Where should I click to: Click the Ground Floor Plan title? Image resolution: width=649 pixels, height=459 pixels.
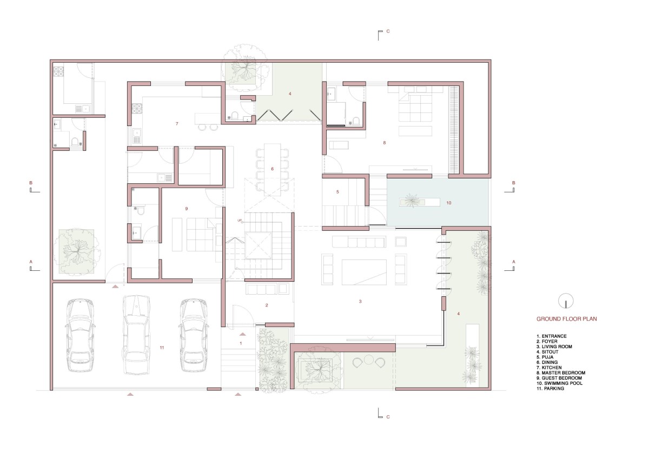(x=566, y=319)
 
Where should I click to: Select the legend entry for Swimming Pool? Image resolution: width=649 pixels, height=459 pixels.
(x=558, y=383)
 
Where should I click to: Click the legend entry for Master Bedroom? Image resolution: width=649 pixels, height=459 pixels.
(x=561, y=372)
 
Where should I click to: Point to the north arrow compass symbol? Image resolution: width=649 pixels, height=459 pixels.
(x=566, y=301)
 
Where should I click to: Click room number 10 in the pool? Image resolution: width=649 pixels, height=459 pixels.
(x=448, y=203)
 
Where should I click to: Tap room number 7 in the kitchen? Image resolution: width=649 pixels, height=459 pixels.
(x=177, y=124)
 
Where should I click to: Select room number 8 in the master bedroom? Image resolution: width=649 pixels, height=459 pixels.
(x=384, y=143)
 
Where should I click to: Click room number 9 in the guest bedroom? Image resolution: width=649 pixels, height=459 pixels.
(x=186, y=209)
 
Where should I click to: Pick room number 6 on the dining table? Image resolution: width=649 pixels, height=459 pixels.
(x=272, y=169)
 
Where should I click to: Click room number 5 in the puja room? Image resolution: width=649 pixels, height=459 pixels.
(x=337, y=192)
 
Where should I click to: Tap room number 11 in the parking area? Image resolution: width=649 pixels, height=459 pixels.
(x=162, y=348)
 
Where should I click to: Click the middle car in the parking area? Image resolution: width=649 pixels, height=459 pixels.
(x=136, y=335)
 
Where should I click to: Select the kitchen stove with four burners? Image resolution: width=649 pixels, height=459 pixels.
(x=137, y=109)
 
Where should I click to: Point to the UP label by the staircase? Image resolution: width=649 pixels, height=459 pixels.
(x=240, y=221)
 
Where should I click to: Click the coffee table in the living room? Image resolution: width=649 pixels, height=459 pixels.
(x=364, y=272)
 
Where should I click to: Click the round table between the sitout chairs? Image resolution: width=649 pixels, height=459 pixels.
(x=368, y=360)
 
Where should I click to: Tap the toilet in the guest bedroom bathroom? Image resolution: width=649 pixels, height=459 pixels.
(x=141, y=210)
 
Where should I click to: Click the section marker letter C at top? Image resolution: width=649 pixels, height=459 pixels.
(x=388, y=31)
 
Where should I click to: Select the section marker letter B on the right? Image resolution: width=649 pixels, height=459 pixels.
(x=514, y=183)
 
